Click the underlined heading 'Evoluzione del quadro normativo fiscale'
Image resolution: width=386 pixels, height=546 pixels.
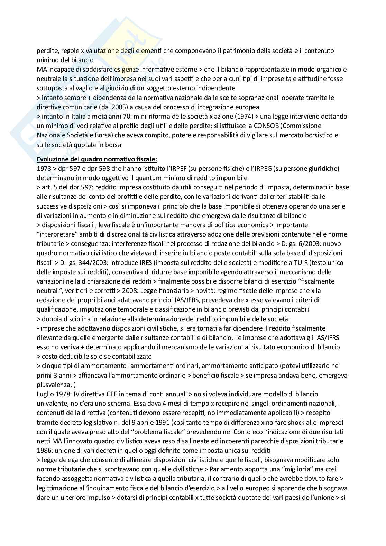pos(96,159)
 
